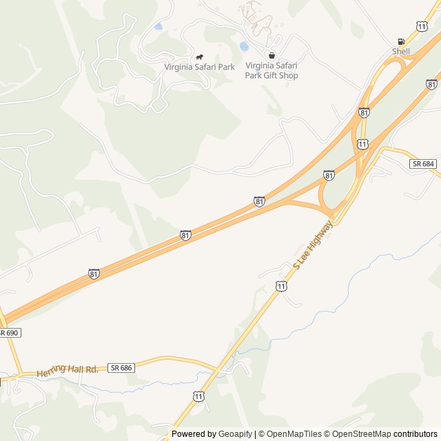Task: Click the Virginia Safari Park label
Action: click(x=199, y=67)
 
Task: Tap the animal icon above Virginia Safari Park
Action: click(x=200, y=57)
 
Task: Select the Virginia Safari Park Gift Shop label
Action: click(x=271, y=71)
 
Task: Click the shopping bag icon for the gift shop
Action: click(x=271, y=56)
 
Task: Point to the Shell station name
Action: click(x=401, y=52)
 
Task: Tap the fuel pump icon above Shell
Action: click(x=401, y=41)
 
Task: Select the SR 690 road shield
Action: click(x=9, y=333)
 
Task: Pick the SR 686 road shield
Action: click(x=120, y=369)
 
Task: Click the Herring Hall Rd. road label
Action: click(x=68, y=370)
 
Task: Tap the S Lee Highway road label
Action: click(x=313, y=245)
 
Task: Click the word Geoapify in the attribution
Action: click(x=235, y=434)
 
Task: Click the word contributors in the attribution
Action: click(x=416, y=434)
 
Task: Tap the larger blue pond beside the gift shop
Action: click(x=244, y=47)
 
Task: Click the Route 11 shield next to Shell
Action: click(x=421, y=26)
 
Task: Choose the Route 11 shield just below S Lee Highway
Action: click(x=282, y=285)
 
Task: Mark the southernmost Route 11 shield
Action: click(x=198, y=396)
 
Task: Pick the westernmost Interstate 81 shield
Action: click(x=94, y=274)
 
